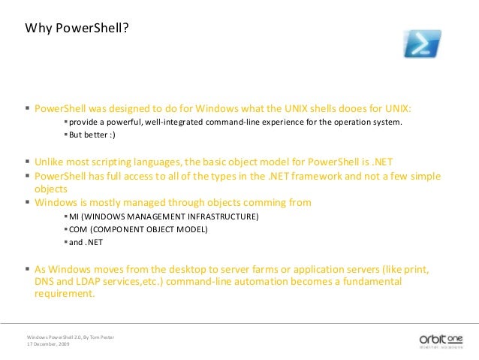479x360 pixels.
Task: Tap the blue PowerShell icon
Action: click(422, 44)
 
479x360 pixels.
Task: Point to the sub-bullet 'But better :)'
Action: click(92, 135)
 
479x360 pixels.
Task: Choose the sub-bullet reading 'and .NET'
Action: click(86, 242)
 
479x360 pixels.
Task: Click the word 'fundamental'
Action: click(371, 281)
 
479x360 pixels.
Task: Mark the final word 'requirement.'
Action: click(65, 294)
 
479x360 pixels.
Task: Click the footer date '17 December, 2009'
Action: click(49, 343)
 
